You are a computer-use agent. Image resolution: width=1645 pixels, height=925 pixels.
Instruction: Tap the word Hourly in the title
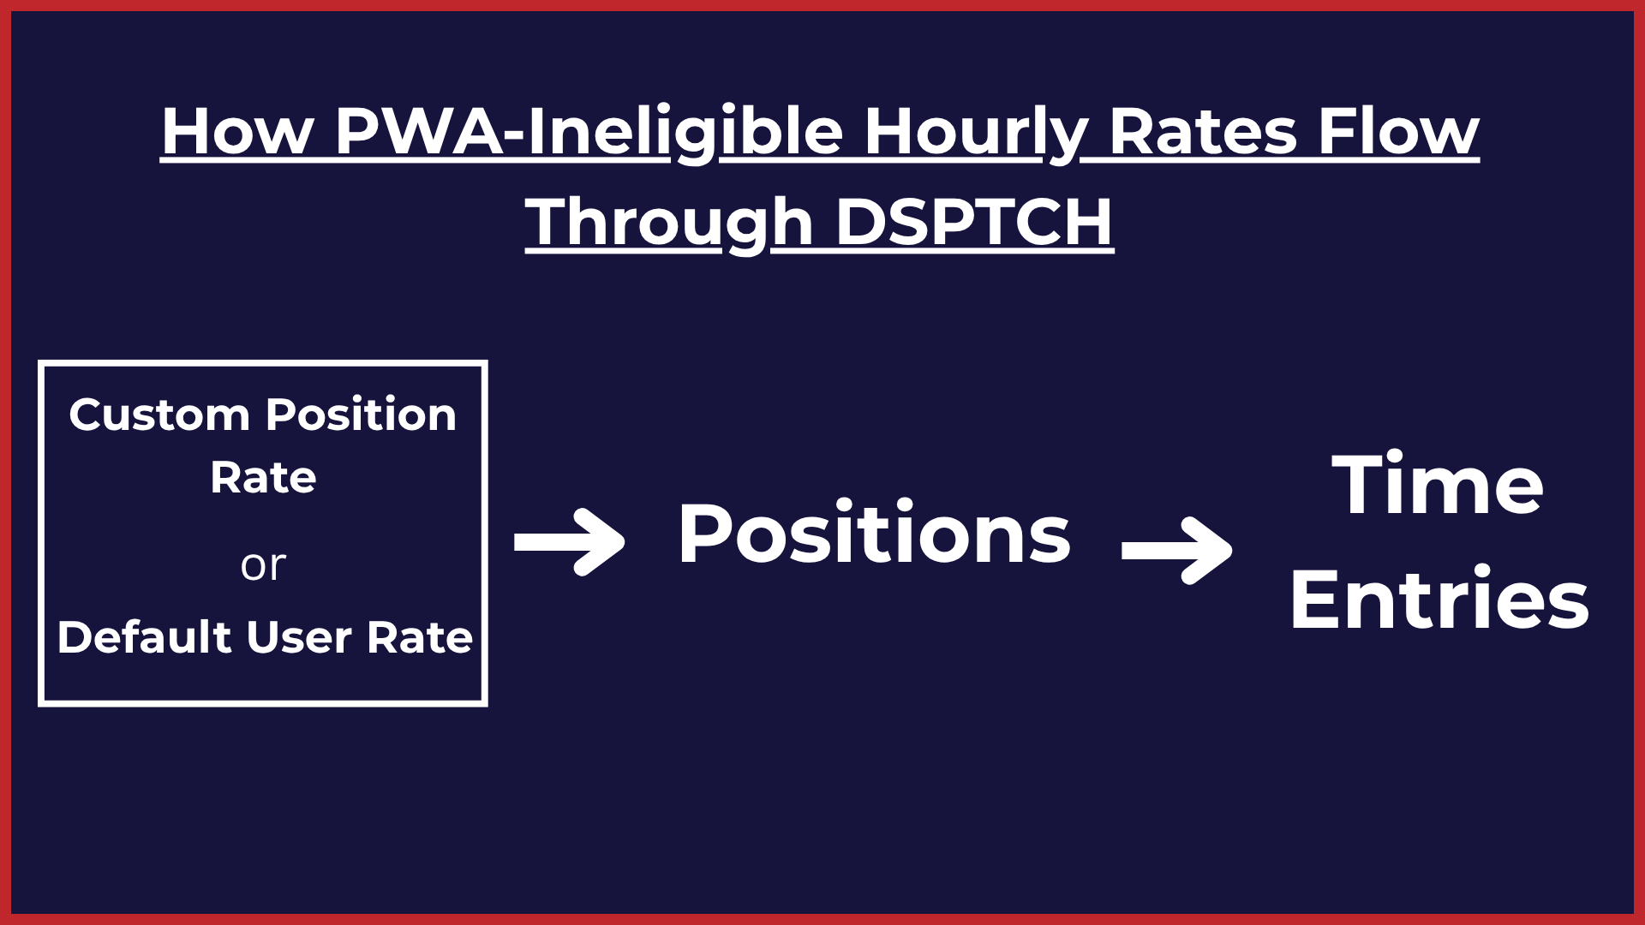[976, 133]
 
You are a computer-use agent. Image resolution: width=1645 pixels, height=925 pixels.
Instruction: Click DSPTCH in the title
[974, 222]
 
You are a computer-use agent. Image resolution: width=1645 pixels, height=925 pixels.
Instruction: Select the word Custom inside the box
[159, 415]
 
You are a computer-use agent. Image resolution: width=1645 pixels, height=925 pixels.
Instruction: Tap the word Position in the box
[361, 415]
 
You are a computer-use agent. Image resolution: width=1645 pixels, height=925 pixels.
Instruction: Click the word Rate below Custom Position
[263, 478]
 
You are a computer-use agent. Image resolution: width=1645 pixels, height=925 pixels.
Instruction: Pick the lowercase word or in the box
[263, 565]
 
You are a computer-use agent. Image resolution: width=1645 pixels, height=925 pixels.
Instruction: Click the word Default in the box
[145, 637]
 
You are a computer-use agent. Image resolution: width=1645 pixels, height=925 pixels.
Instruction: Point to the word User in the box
[299, 637]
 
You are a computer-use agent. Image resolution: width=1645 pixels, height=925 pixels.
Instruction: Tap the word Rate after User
[420, 637]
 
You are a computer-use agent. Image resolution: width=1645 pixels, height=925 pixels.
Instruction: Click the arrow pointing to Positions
[570, 542]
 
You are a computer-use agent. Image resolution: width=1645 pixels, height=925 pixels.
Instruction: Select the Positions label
[874, 534]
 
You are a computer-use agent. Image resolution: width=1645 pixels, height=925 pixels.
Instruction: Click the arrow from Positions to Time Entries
[1177, 551]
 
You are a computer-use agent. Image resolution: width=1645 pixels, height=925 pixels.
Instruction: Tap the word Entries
[1439, 599]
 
